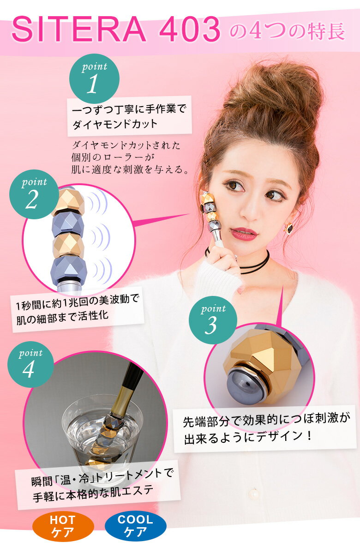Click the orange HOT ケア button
pyautogui.click(x=63, y=526)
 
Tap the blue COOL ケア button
pyautogui.click(x=135, y=526)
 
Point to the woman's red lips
pyautogui.click(x=244, y=233)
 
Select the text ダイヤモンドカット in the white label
pyautogui.click(x=115, y=124)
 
